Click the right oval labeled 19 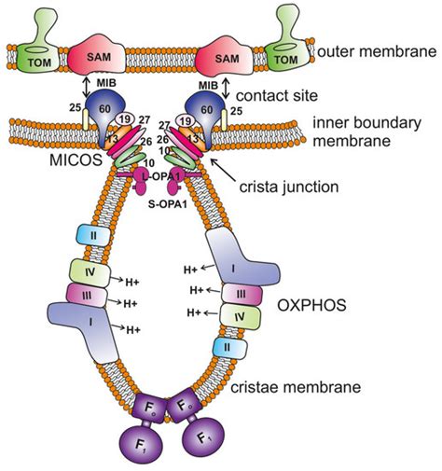(x=186, y=120)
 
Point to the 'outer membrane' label (x=377, y=51)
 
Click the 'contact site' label (x=277, y=95)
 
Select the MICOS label (x=76, y=159)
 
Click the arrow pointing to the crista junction (x=223, y=170)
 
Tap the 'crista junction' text (x=289, y=187)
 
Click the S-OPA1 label (x=168, y=204)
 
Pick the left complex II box (x=93, y=236)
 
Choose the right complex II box (x=229, y=348)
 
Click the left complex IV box (x=90, y=273)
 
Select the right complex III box (x=242, y=295)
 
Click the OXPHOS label (x=311, y=306)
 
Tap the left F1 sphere (x=141, y=443)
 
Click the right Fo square (x=183, y=405)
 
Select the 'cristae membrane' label (x=296, y=387)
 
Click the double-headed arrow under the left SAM (x=87, y=87)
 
